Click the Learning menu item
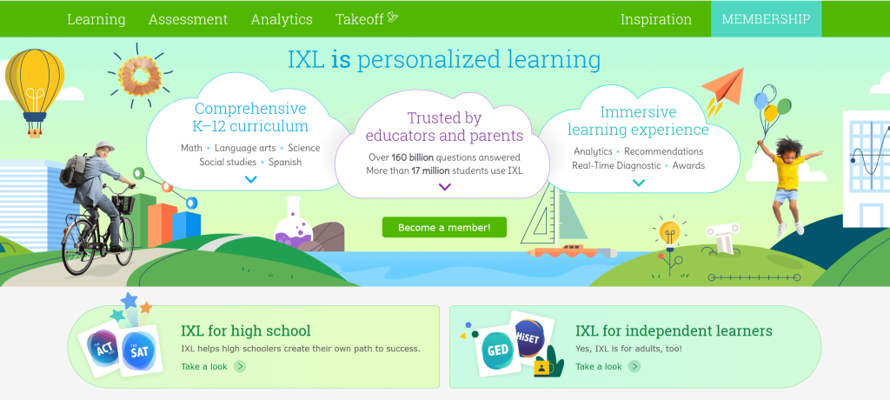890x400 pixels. [x=96, y=19]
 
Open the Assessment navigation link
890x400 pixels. [x=188, y=19]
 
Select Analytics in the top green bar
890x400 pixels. [x=281, y=19]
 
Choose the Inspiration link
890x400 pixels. [x=655, y=19]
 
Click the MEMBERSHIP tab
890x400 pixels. [x=766, y=19]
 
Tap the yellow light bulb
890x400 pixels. [x=668, y=232]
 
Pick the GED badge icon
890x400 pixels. [x=497, y=351]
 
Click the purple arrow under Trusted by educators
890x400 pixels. [x=444, y=187]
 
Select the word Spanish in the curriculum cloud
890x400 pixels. [x=285, y=162]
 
